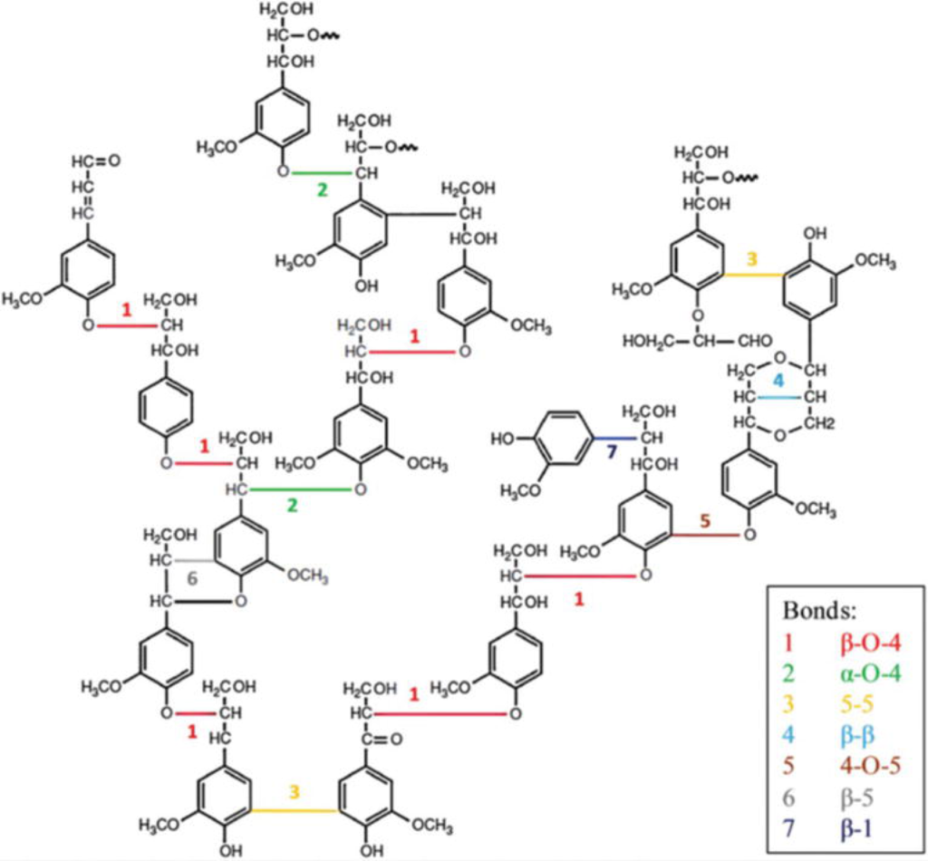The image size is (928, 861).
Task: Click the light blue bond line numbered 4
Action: pyautogui.click(x=778, y=397)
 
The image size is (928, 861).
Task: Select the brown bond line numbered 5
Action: pyautogui.click(x=708, y=535)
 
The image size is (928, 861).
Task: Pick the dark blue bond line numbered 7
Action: pyautogui.click(x=615, y=438)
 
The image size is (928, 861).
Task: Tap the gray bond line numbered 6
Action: pyautogui.click(x=196, y=561)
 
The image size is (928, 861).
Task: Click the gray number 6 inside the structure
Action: pyautogui.click(x=191, y=577)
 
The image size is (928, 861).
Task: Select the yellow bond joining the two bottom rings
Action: pyautogui.click(x=294, y=809)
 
